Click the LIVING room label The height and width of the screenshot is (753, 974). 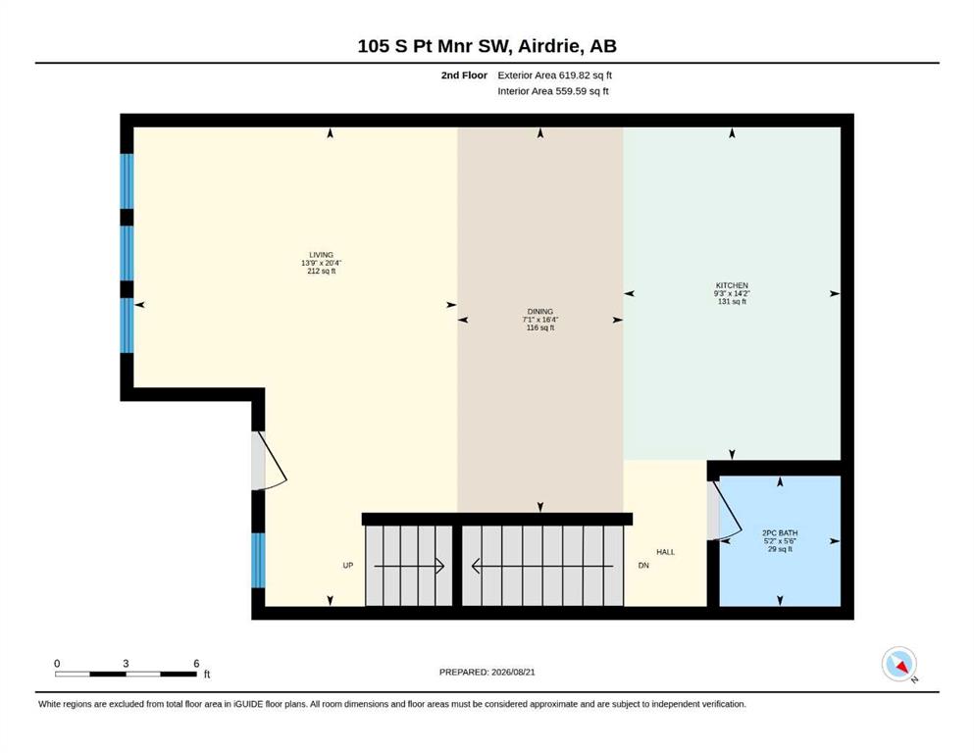[321, 255]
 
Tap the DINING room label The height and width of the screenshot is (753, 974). [539, 312]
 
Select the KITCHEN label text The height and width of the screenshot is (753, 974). [732, 285]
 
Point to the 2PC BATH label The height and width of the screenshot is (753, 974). [780, 532]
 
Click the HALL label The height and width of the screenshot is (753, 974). [665, 552]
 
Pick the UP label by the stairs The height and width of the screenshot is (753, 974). [348, 566]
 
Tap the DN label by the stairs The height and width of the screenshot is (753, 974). [643, 566]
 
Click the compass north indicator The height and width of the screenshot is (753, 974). [898, 665]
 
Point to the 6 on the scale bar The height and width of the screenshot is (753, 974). [196, 664]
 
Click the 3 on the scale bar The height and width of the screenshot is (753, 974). [126, 664]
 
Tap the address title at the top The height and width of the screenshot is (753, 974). [487, 46]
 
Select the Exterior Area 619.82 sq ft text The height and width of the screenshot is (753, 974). [555, 75]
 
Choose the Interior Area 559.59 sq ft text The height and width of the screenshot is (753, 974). [553, 91]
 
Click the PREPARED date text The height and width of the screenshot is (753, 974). [487, 672]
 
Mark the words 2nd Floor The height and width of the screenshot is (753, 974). [464, 75]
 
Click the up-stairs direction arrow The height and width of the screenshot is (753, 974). [409, 566]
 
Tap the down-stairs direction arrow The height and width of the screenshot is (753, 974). [542, 566]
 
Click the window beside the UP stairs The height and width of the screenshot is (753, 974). [258, 560]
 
